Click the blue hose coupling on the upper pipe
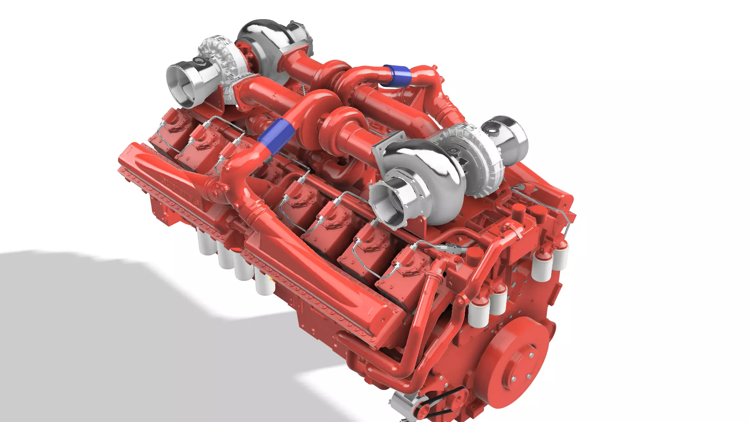396,75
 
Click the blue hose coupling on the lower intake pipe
276,136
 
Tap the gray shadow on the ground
117,332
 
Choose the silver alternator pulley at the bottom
402,404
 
